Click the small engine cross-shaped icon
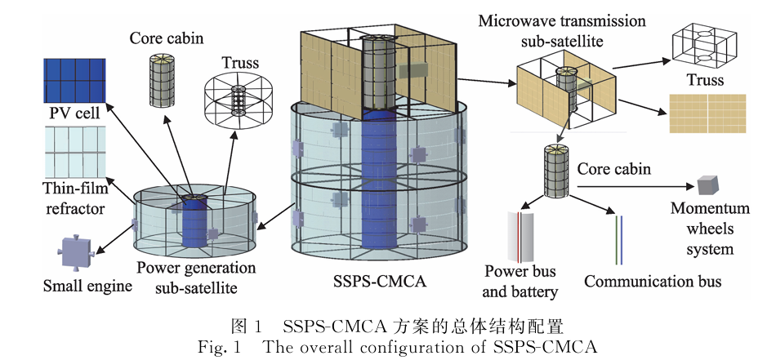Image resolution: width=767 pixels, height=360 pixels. coord(78,251)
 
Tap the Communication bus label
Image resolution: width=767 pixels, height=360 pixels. coord(653,282)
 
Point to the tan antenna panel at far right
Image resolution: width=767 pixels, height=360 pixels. coord(707,113)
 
